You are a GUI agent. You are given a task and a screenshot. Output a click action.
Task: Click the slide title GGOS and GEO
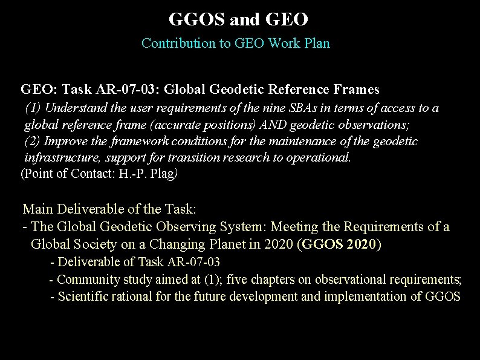click(x=239, y=19)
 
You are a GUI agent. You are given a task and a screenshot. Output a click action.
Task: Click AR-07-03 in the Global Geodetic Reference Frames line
click(x=127, y=90)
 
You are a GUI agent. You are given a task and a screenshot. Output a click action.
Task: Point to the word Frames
click(x=356, y=90)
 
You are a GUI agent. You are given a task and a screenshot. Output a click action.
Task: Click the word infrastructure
click(x=62, y=158)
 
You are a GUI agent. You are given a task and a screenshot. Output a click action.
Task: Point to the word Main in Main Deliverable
click(x=36, y=209)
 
